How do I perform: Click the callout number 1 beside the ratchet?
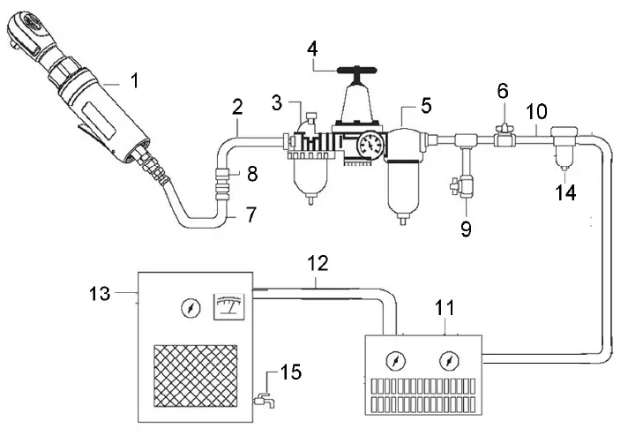(134, 81)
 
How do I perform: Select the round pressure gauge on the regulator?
(370, 144)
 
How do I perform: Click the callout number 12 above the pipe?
(319, 264)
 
